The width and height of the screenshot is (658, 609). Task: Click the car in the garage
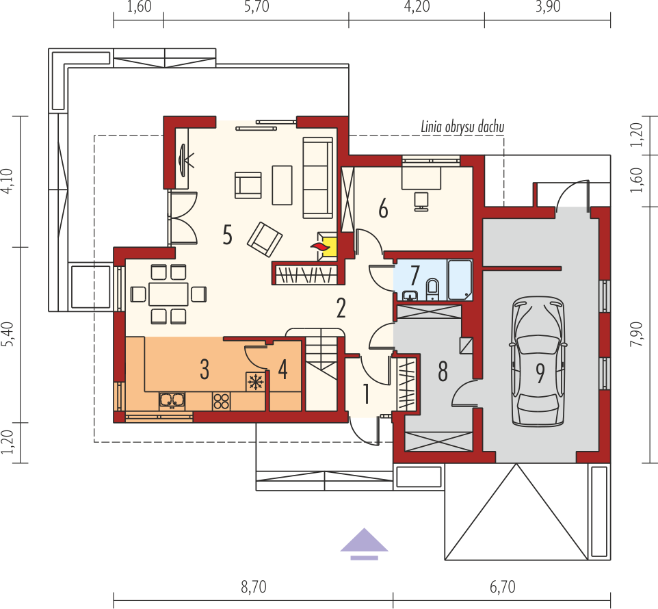pos(538,362)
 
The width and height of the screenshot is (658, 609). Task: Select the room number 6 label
pos(383,209)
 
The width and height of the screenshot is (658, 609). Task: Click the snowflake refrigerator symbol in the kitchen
pos(256,382)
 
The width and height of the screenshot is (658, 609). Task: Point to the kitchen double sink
pos(172,400)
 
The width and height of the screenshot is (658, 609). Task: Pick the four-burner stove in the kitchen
pos(221,401)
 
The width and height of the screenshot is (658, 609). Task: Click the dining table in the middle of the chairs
pos(168,294)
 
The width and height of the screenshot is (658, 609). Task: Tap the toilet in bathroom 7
pos(432,289)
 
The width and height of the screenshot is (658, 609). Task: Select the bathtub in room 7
pos(460,280)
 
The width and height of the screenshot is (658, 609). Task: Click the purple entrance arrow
pos(365,543)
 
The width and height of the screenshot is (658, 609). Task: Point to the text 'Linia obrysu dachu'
pos(462,127)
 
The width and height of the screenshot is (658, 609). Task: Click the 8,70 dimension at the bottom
pos(254,586)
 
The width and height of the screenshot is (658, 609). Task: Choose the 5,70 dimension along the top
pos(256,7)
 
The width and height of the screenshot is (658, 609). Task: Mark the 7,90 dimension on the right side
pos(636,334)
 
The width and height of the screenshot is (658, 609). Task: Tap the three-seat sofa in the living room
pos(317,177)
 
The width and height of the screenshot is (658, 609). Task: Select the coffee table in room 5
pos(282,185)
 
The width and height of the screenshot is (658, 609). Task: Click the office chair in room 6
pos(421,201)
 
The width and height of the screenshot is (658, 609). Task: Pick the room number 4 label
pos(283,370)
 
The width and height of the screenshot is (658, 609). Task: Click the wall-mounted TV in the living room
pos(183,160)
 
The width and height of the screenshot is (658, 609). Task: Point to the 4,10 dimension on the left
pos(8,181)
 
